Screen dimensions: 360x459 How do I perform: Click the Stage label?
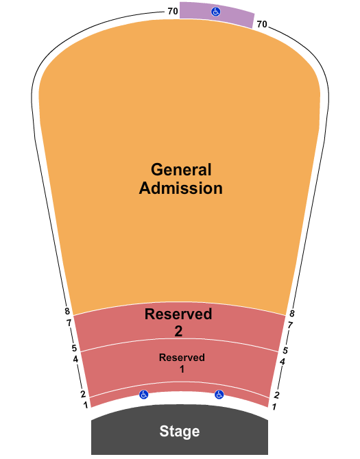click(180, 431)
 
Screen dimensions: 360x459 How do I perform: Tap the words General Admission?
click(181, 179)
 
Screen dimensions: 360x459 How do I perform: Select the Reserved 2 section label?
click(178, 322)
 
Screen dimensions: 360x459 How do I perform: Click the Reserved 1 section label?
click(182, 363)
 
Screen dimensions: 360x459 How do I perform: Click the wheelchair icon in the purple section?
click(216, 12)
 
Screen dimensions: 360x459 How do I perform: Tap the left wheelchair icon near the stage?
click(143, 395)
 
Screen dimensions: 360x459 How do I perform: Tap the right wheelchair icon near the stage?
click(219, 395)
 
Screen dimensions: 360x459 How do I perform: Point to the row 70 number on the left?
click(173, 11)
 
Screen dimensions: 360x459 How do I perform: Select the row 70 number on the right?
click(262, 24)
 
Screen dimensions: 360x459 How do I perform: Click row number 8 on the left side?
click(67, 311)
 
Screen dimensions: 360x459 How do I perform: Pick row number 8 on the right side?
click(291, 314)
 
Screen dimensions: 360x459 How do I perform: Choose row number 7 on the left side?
click(69, 323)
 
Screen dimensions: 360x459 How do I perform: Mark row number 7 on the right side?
click(290, 325)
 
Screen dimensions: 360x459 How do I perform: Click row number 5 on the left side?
click(74, 348)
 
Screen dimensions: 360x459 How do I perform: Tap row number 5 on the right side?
click(285, 350)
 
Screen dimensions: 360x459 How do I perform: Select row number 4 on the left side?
click(75, 359)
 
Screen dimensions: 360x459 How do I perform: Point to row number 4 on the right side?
click(283, 362)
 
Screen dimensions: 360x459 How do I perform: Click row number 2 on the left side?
click(83, 394)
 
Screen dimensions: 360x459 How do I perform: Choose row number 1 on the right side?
click(274, 407)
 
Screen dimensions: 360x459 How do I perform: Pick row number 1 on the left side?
click(86, 405)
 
